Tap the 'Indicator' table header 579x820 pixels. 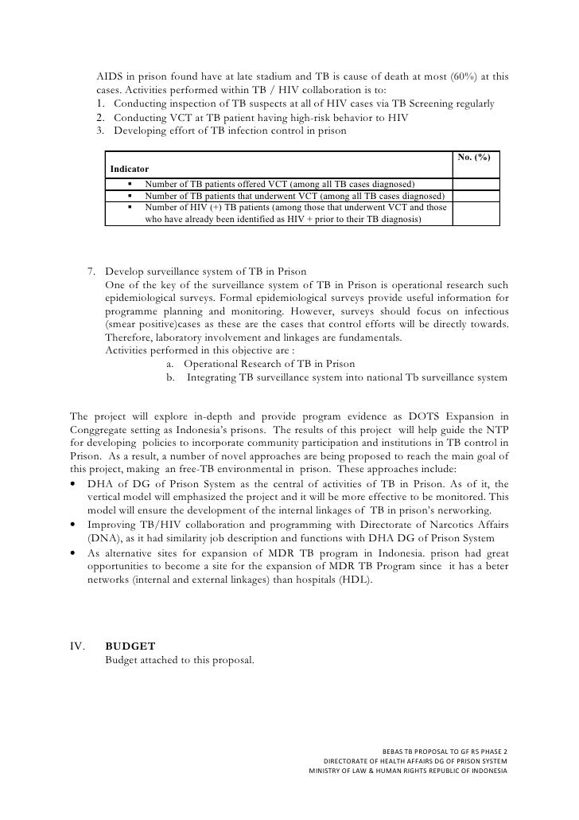click(x=128, y=170)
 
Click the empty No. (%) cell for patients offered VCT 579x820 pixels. click(x=476, y=185)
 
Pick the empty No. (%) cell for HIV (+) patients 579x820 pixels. click(x=476, y=213)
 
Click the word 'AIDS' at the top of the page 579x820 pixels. click(x=111, y=77)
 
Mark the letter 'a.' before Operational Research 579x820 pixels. click(x=171, y=363)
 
